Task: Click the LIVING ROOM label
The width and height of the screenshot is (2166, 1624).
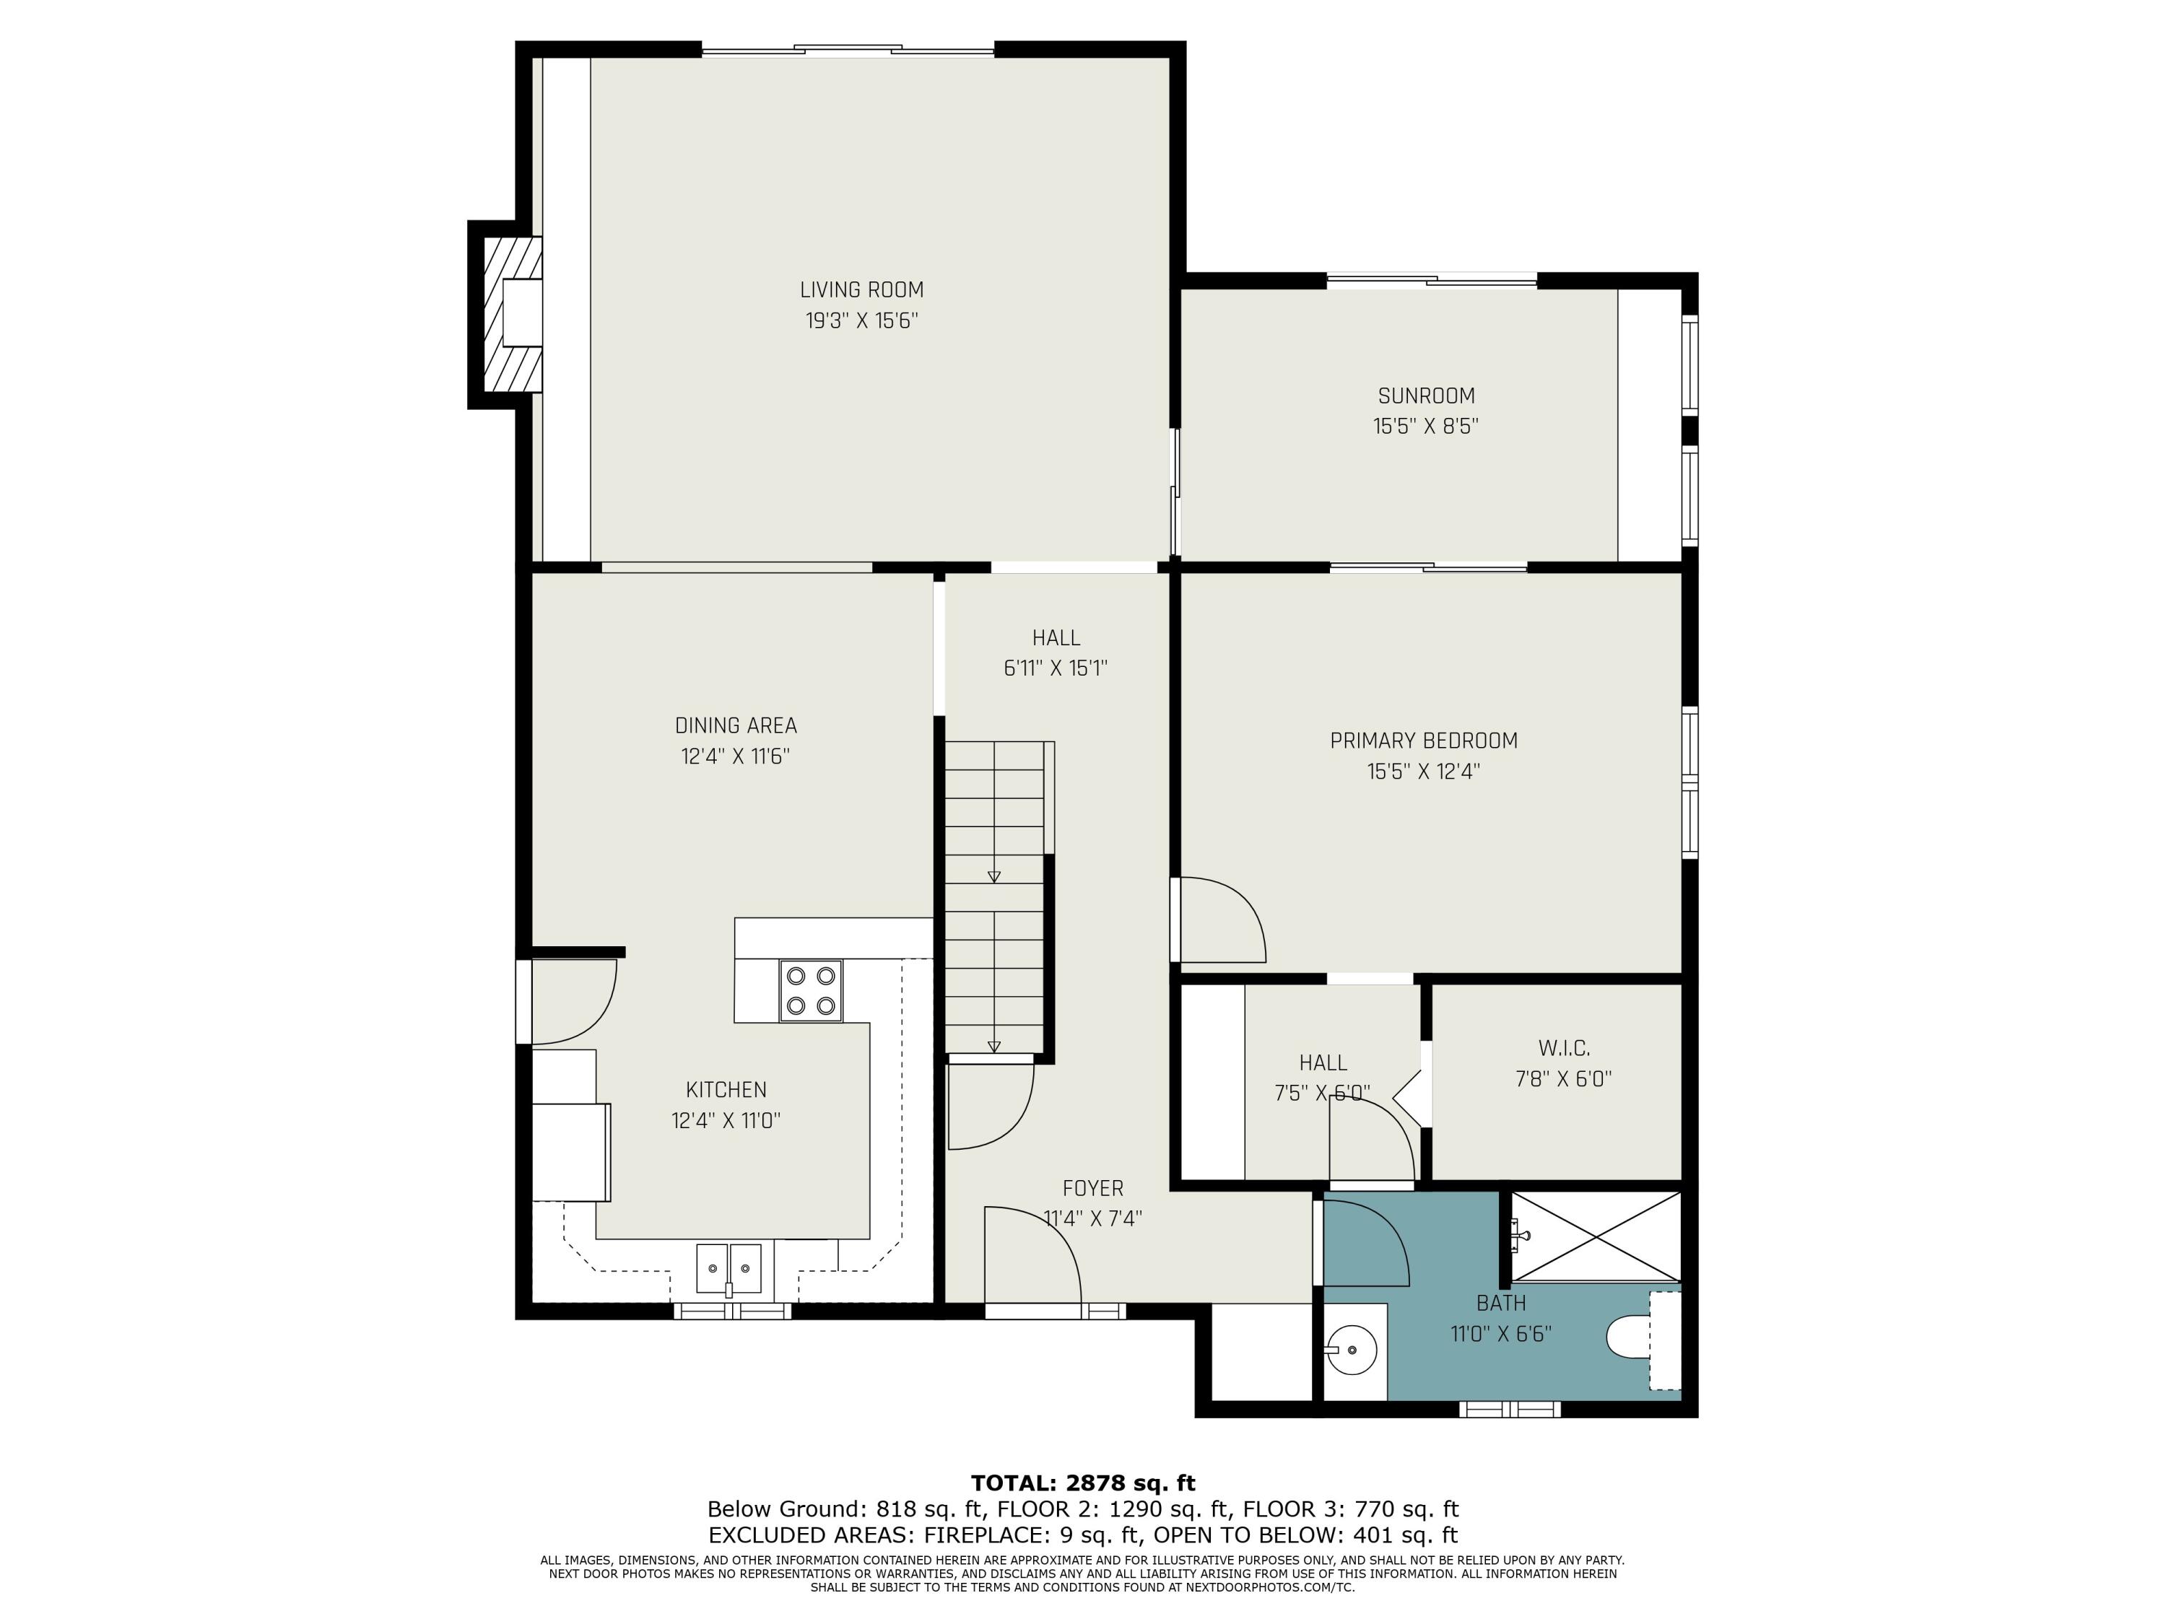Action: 861,289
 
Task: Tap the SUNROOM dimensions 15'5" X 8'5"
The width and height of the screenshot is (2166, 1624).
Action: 1426,427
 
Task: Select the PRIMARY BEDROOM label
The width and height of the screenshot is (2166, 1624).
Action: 1424,741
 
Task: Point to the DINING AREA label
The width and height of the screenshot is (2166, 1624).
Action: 736,725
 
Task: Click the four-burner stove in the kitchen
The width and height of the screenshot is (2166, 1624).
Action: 810,991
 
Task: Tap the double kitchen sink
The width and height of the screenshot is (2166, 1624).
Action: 728,1270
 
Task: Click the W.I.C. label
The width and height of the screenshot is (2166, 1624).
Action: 1564,1049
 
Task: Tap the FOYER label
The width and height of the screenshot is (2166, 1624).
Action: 1093,1188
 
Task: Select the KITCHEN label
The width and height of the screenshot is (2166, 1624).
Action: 726,1089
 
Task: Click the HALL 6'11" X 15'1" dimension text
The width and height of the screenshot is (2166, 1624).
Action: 1056,668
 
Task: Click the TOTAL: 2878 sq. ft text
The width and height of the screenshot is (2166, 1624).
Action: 1083,1483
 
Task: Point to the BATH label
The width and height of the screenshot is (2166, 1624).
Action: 1501,1303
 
